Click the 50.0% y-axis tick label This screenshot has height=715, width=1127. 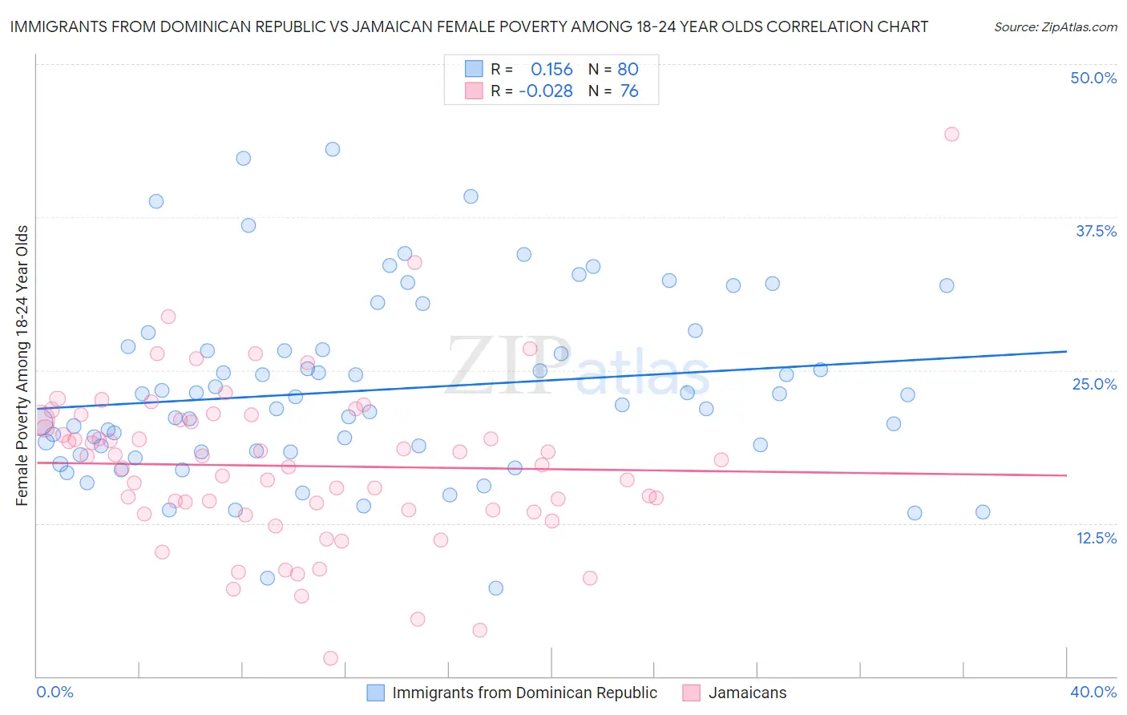coord(1093,78)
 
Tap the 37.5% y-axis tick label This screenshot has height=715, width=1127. coord(1096,231)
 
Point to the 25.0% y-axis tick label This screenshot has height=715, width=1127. coord(1094,384)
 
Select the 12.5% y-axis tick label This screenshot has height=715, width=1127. coord(1096,538)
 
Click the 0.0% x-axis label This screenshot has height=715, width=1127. coord(55,692)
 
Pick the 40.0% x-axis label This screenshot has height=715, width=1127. coord(1093,692)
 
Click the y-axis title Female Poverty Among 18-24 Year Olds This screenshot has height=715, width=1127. coord(22,366)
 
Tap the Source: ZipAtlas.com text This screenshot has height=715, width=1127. coord(1055,26)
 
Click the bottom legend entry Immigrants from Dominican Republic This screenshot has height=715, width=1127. coord(524,693)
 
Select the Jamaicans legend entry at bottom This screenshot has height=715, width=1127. coord(747,693)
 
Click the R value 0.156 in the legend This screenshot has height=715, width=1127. coord(551,69)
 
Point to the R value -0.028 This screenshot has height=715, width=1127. coord(546,91)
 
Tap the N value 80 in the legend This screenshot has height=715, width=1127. coord(628,69)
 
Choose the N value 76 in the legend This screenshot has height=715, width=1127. coord(629,91)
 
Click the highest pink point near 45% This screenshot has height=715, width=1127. coord(951,134)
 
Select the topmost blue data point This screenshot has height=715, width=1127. coord(333,149)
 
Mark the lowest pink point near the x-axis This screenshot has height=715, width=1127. coord(330,658)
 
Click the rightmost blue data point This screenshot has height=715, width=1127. coord(983,512)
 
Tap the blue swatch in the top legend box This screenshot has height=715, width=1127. coord(474,69)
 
